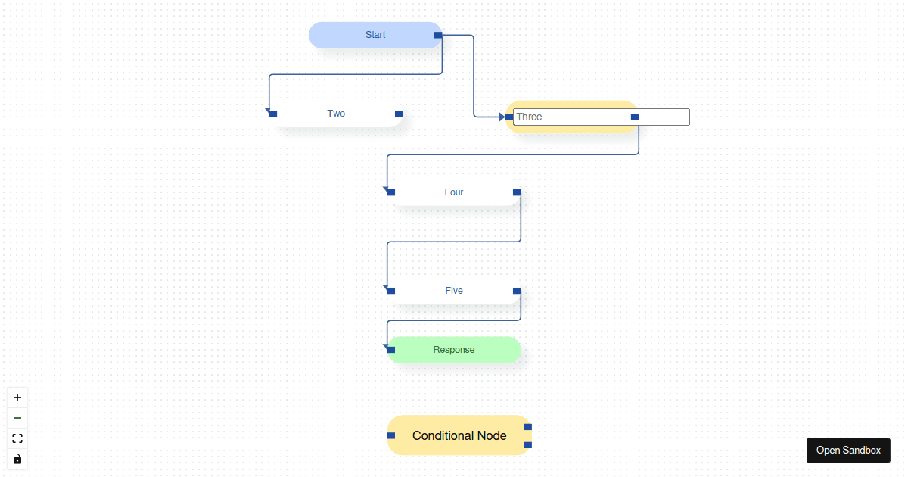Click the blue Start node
point(375,35)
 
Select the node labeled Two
point(336,114)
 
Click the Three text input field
point(575,117)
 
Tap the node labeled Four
point(454,192)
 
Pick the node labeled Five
point(454,291)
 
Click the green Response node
point(454,350)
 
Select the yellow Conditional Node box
point(459,435)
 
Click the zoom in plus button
point(17,397)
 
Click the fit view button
point(17,438)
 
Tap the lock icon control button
point(17,459)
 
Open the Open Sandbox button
point(848,450)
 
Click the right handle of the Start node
point(438,35)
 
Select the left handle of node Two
point(273,114)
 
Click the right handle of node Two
point(399,114)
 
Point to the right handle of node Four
point(517,192)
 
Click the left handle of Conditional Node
point(391,435)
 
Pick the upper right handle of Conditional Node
point(528,427)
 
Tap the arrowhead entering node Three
point(502,117)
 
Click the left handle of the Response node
point(391,350)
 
